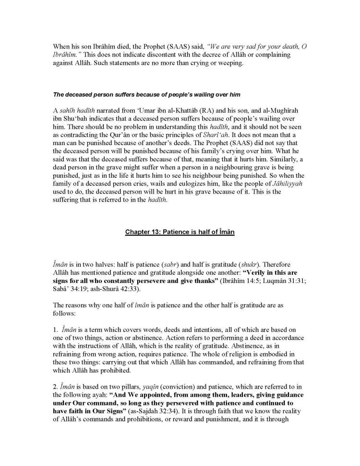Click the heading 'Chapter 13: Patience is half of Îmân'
pyautogui.click(x=180, y=232)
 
